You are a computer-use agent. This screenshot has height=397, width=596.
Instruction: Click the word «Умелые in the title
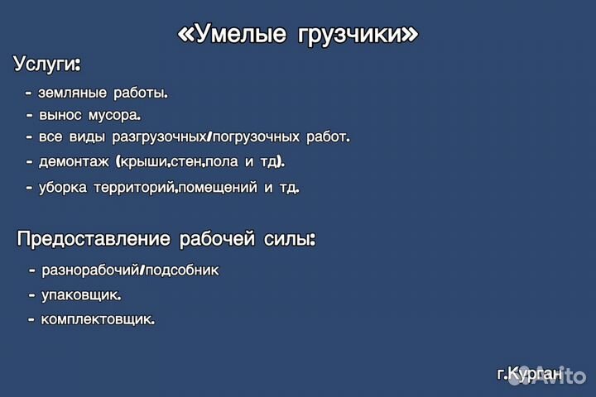[x=232, y=33]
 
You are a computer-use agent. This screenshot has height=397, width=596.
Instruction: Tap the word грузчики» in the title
[x=358, y=35]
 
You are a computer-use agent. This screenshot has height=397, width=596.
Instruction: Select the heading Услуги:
[x=47, y=64]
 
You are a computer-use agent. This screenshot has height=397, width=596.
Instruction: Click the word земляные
[x=72, y=93]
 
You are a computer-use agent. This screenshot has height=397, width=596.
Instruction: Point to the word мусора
[x=114, y=115]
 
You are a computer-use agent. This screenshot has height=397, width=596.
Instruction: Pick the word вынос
[x=60, y=115]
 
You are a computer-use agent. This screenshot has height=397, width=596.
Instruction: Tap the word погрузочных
[x=256, y=137]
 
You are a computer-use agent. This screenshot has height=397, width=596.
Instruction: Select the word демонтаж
[x=74, y=162]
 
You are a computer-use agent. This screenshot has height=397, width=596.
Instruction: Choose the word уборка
[x=63, y=187]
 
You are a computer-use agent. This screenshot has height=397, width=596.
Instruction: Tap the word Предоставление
[x=94, y=239]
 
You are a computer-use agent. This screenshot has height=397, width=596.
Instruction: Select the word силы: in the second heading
[x=290, y=239]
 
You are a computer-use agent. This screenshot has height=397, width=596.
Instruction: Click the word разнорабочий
[x=90, y=270]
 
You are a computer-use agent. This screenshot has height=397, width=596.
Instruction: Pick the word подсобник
[x=182, y=270]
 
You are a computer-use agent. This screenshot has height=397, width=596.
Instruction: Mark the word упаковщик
[x=81, y=295]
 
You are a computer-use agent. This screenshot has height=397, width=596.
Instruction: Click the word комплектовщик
[x=98, y=319]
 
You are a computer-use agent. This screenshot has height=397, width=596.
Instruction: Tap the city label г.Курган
[x=530, y=374]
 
